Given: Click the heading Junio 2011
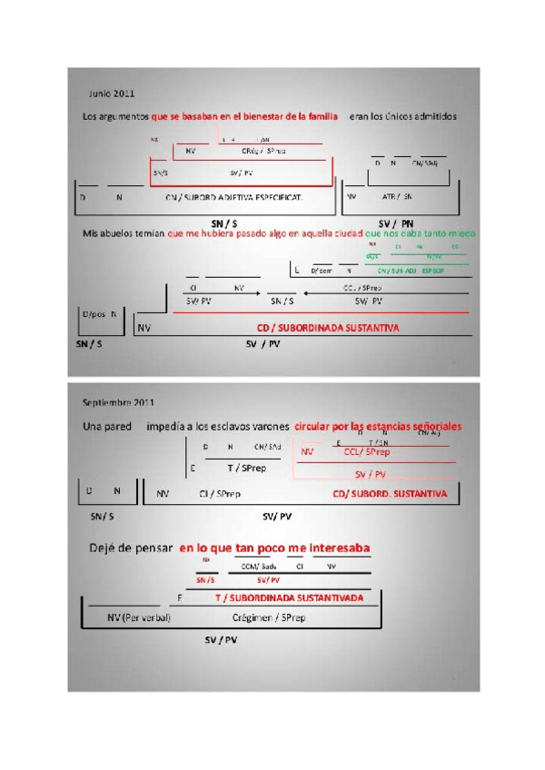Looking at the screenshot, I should click(x=111, y=94).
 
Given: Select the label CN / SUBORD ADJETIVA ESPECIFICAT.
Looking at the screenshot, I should click(x=234, y=196).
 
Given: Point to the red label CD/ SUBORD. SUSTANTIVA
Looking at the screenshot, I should click(x=390, y=494).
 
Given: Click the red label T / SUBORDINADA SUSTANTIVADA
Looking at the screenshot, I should click(x=289, y=598).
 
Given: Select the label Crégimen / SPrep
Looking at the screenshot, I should click(x=269, y=618).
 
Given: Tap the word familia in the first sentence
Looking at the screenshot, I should click(x=318, y=116).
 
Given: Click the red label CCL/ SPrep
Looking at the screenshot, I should click(x=367, y=451).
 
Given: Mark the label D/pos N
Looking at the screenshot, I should click(x=99, y=314).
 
